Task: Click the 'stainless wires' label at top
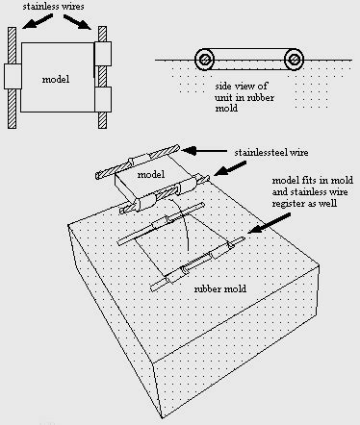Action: click(53, 7)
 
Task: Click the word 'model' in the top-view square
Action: click(56, 79)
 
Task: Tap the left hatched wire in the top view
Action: click(12, 78)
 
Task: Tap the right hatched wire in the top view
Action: click(102, 78)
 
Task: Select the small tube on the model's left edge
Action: click(13, 77)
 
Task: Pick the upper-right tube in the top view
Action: click(103, 54)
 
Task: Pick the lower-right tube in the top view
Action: click(103, 99)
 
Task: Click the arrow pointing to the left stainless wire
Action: click(38, 22)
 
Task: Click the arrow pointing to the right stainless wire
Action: click(78, 22)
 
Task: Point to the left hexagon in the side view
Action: click(204, 60)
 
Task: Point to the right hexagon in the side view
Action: click(294, 60)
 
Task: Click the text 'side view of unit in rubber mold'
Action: click(244, 97)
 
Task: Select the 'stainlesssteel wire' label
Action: click(271, 152)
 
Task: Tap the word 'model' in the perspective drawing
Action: click(151, 174)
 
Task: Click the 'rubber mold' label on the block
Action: click(220, 288)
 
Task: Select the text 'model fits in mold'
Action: click(313, 180)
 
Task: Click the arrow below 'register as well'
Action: click(270, 223)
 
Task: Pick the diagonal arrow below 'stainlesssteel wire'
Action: click(230, 168)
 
